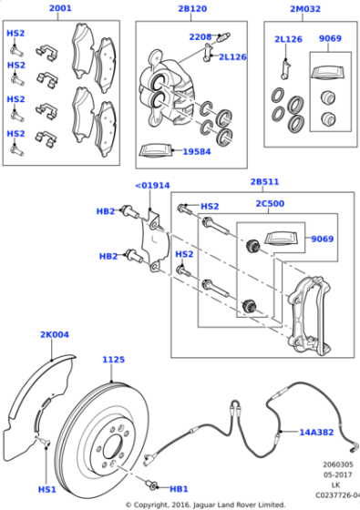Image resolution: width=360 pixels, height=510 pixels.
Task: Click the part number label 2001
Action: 59,9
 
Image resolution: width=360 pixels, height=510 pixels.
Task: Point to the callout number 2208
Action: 201,37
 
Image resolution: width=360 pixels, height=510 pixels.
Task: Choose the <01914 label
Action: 152,186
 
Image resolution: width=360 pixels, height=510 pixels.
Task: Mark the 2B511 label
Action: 265,181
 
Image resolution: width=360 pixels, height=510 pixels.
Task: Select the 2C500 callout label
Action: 271,205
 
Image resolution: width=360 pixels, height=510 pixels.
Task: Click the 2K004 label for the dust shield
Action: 55,335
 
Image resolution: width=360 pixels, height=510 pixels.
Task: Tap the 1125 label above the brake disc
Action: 113,360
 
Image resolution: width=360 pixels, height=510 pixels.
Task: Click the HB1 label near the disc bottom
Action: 179,489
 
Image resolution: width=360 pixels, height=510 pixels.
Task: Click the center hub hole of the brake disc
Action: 115,445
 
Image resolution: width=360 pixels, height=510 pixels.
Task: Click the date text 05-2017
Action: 335,474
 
